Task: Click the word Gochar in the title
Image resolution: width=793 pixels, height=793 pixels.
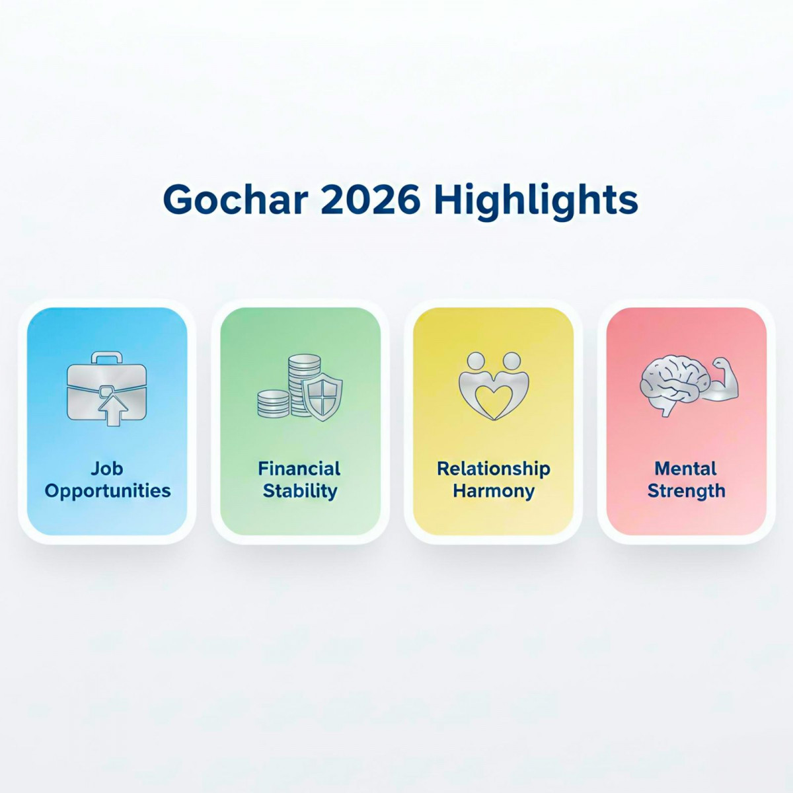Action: tap(235, 200)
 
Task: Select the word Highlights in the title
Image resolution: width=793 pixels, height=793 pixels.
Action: tap(536, 200)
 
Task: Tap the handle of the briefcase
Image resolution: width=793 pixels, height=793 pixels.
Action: tap(106, 358)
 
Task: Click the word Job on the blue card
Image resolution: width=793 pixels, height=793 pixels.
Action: tap(107, 469)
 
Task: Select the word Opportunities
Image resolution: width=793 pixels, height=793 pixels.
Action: tap(108, 491)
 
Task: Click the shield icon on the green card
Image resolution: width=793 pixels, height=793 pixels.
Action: tap(322, 397)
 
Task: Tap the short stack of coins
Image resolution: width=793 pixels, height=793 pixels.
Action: tap(273, 403)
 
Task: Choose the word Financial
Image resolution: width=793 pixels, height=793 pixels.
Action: tap(299, 469)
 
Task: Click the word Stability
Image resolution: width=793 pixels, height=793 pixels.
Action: tap(300, 491)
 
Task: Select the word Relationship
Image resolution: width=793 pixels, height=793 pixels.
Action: tap(493, 469)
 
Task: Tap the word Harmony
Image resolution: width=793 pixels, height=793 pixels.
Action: tap(493, 491)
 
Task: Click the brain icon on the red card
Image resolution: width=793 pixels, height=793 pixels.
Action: tap(668, 386)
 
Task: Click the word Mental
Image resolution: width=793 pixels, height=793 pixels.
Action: tap(685, 469)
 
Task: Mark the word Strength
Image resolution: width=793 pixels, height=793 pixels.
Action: tap(686, 491)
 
